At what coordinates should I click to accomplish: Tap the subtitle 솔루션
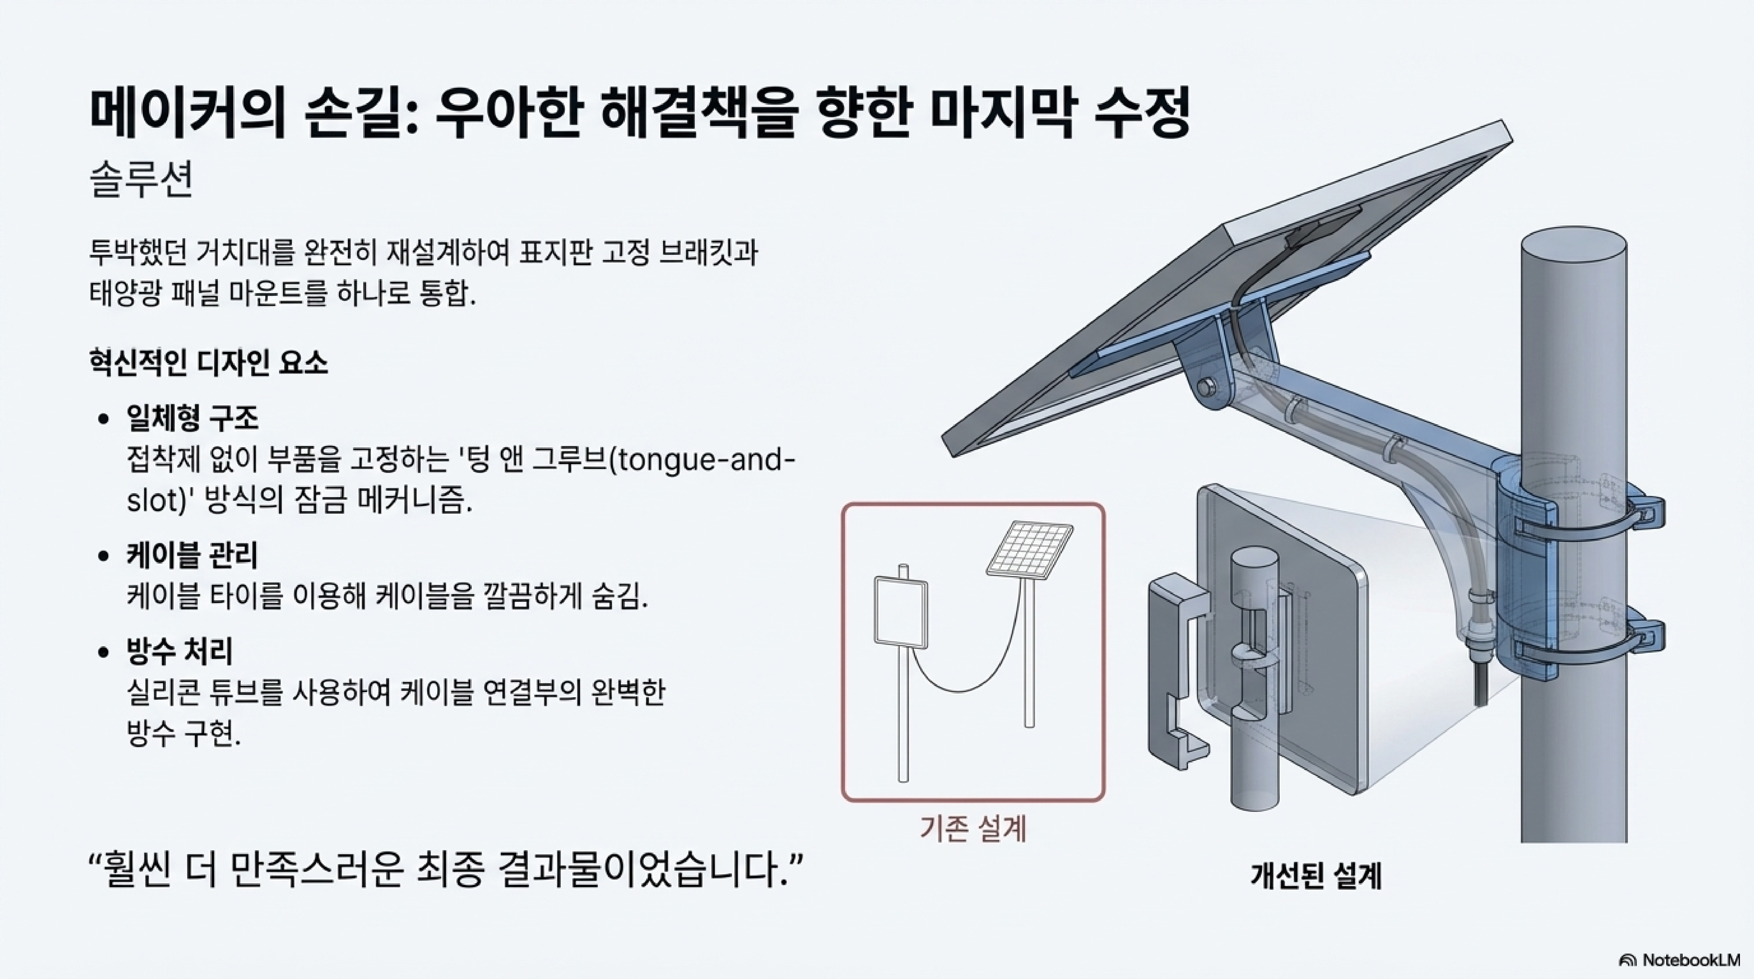[142, 180]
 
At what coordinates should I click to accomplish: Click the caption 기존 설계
[972, 828]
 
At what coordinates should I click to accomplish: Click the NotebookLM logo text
[1691, 960]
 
